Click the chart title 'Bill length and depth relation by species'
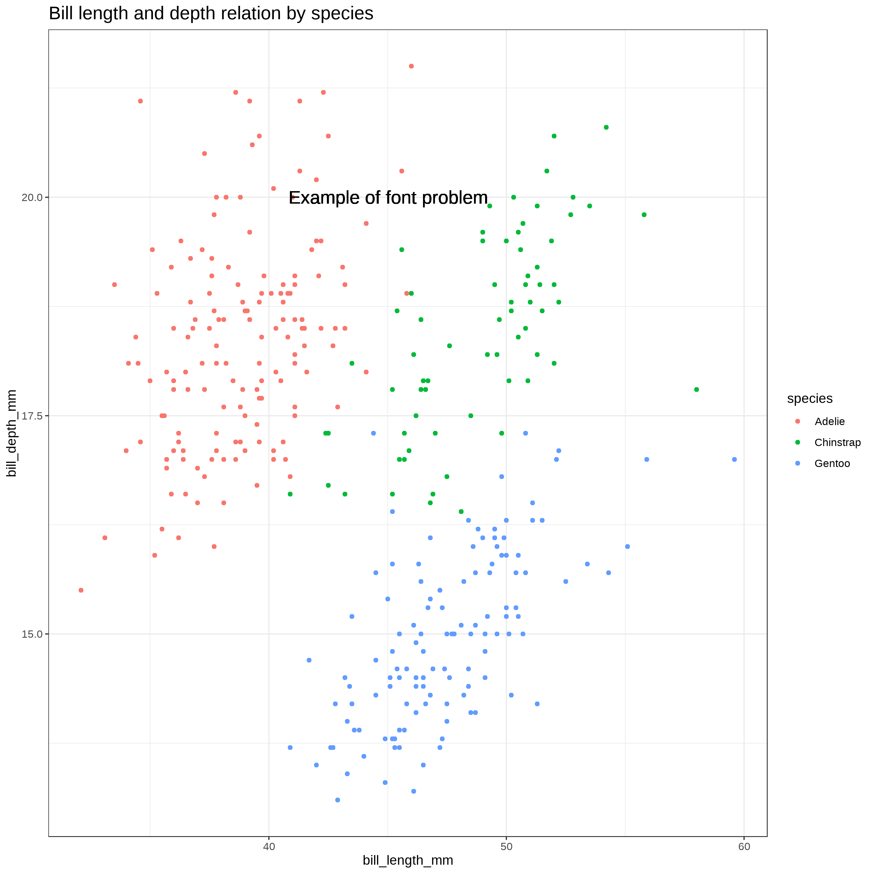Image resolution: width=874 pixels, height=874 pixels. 211,14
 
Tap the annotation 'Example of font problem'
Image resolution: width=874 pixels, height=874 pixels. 388,198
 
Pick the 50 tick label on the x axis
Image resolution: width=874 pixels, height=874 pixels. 506,846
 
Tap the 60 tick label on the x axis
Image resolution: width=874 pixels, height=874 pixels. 744,846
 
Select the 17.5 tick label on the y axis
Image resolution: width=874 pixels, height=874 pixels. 32,416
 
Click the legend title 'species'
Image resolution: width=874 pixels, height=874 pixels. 810,399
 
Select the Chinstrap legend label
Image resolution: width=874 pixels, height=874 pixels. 837,443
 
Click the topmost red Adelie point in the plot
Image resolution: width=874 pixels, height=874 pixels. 411,66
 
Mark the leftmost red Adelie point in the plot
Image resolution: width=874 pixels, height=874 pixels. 81,590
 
